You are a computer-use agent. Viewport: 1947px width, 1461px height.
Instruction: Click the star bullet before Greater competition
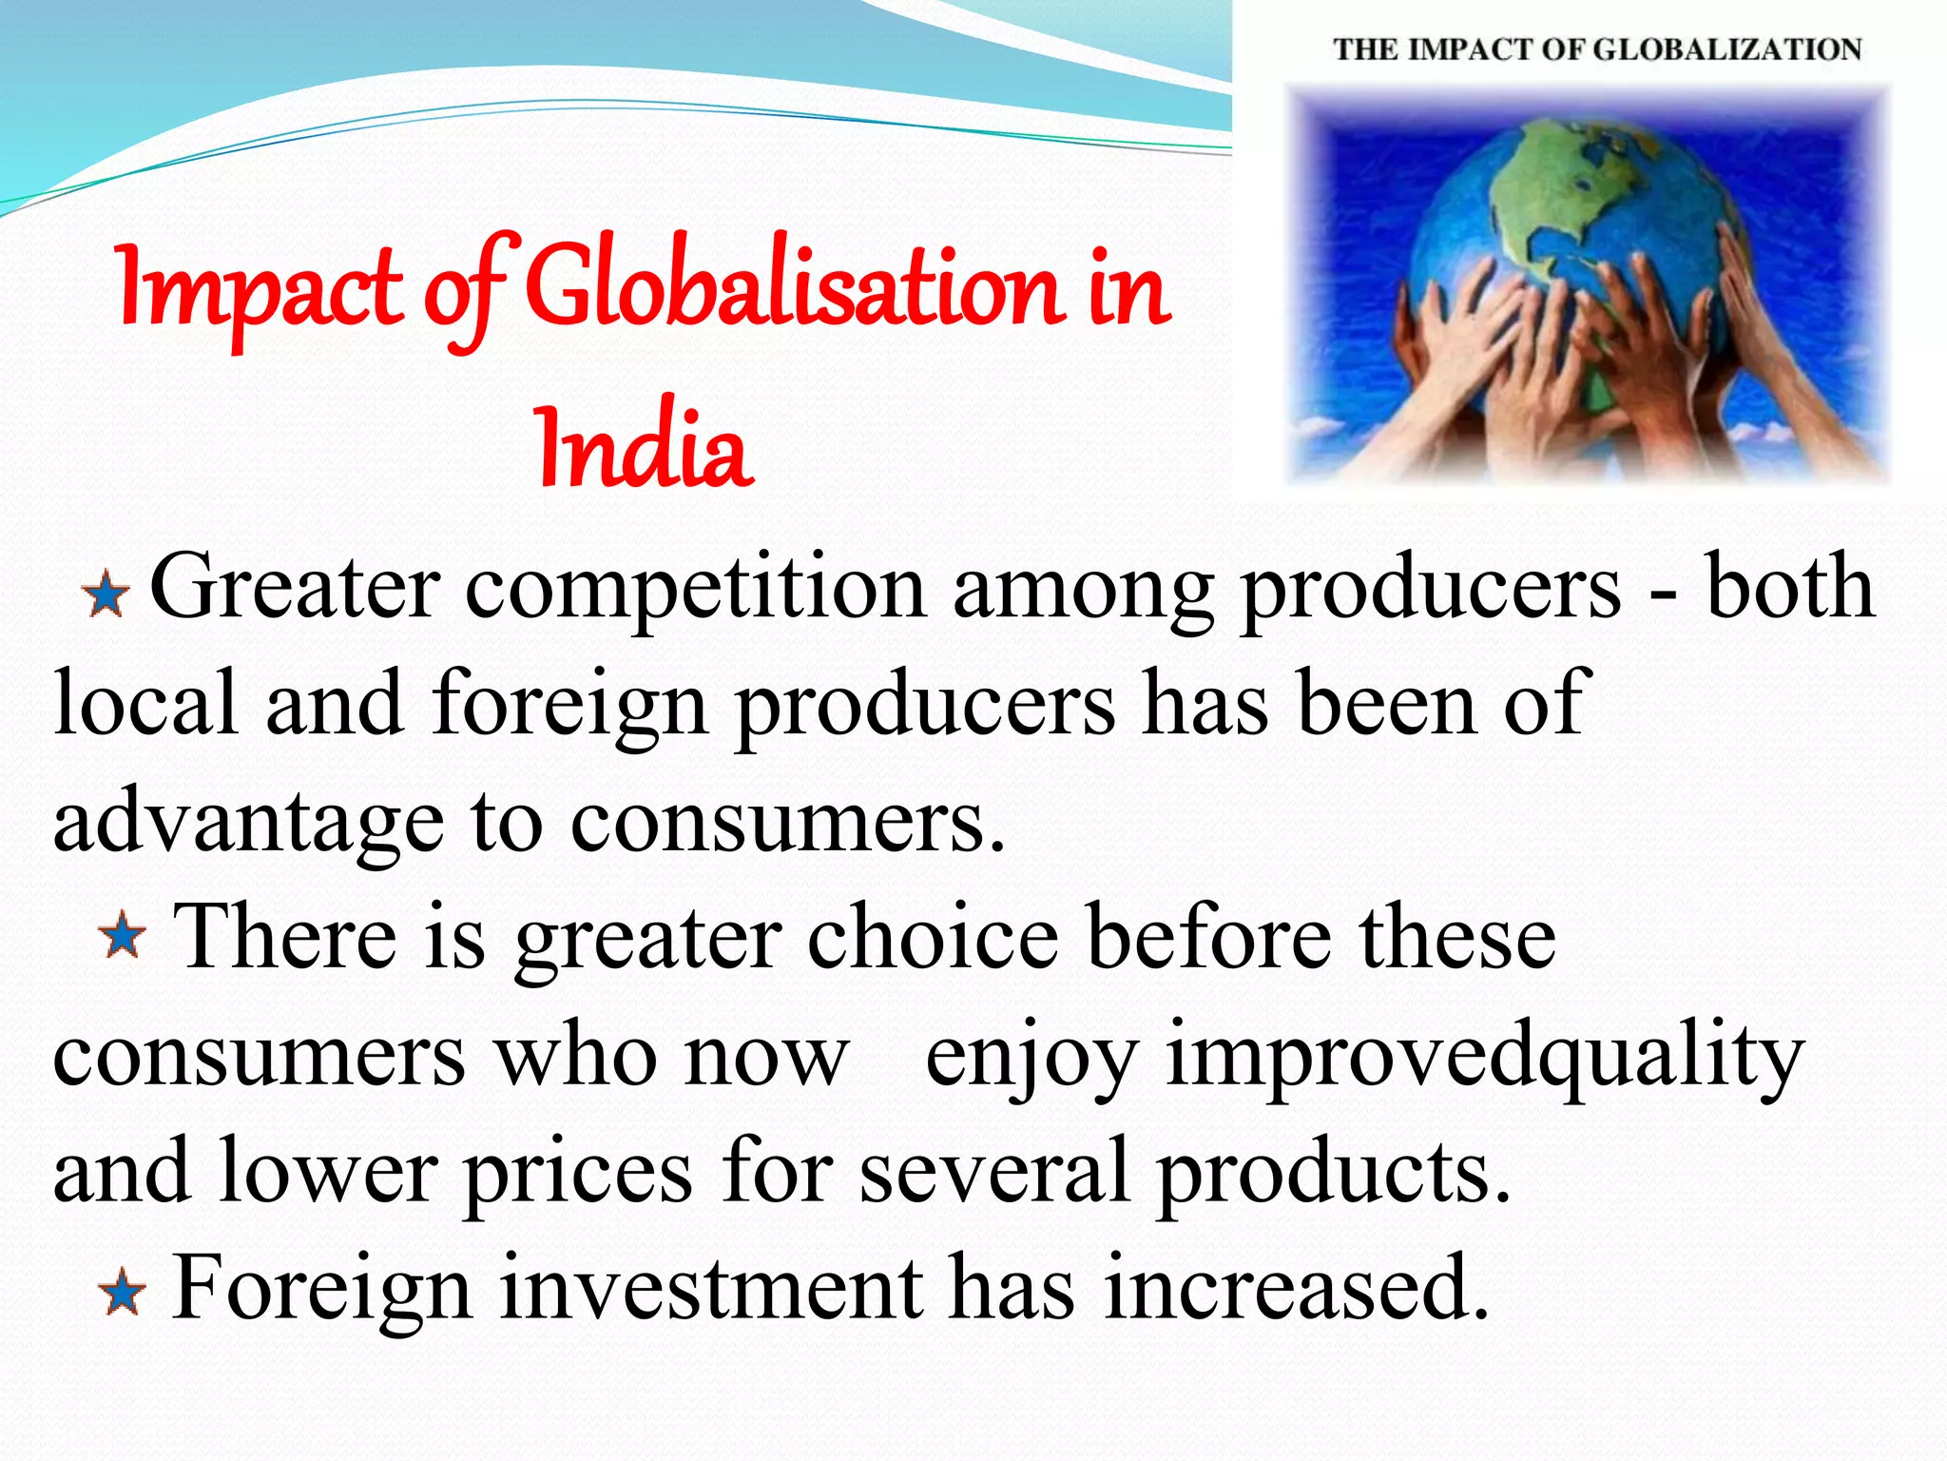click(106, 595)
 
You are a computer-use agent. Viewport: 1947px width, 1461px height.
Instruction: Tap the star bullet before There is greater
click(123, 937)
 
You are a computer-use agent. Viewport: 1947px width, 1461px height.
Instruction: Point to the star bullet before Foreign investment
click(123, 1294)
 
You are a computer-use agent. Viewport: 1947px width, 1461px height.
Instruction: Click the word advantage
click(248, 823)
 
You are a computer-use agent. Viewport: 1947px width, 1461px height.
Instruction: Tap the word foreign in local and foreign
click(569, 704)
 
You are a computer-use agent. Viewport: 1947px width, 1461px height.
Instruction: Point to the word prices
click(578, 1172)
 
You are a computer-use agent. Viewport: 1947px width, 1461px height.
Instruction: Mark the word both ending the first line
click(1790, 588)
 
